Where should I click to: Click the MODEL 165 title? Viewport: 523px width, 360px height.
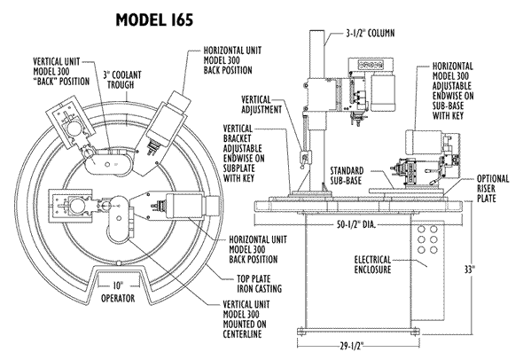click(x=154, y=20)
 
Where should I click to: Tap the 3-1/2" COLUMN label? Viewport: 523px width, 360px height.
click(x=370, y=34)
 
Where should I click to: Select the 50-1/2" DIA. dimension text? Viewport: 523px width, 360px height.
click(x=356, y=225)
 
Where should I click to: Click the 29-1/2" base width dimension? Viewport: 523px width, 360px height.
click(x=351, y=347)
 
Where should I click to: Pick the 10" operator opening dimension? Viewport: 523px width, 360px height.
click(x=118, y=286)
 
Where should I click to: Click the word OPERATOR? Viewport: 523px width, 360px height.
click(x=118, y=298)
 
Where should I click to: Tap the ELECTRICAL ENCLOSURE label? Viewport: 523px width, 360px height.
click(x=372, y=264)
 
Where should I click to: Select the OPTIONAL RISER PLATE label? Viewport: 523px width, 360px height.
click(x=493, y=189)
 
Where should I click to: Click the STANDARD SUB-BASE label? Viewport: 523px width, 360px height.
click(x=347, y=176)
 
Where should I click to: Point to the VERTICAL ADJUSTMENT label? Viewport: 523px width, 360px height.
click(x=261, y=105)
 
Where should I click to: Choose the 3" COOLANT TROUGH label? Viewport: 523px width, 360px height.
click(x=122, y=80)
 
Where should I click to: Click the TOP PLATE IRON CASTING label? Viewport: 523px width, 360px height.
click(x=259, y=284)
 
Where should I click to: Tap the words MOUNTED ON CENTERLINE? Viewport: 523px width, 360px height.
click(x=245, y=329)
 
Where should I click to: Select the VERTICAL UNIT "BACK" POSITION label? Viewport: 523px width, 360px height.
click(x=61, y=72)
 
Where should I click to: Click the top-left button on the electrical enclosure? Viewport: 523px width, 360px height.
click(x=421, y=230)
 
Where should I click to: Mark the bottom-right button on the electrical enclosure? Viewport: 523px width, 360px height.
click(x=433, y=249)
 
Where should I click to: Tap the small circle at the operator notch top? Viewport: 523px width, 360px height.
click(x=118, y=263)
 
